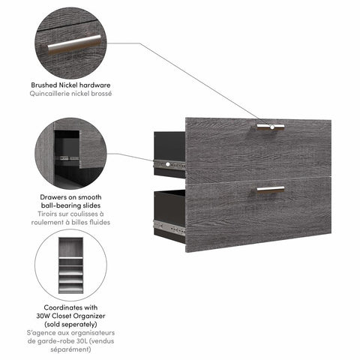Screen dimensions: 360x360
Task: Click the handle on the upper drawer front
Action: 271,126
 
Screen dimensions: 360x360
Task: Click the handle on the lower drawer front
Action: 271,188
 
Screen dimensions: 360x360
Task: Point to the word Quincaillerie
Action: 55,95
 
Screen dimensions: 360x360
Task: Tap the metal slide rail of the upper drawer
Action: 169,163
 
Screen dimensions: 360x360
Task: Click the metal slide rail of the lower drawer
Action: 169,223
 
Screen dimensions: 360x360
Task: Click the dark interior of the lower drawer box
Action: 169,204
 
